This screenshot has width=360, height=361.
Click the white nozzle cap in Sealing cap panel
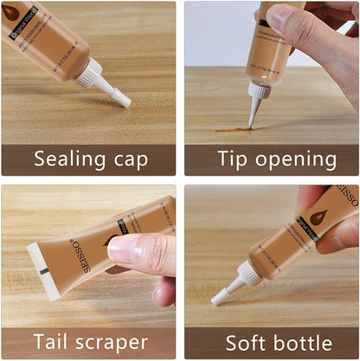coord(117,93)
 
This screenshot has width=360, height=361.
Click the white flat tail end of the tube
coord(38,270)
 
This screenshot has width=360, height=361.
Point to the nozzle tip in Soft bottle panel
coord(216,300)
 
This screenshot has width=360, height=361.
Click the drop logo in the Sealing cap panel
coord(11,12)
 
